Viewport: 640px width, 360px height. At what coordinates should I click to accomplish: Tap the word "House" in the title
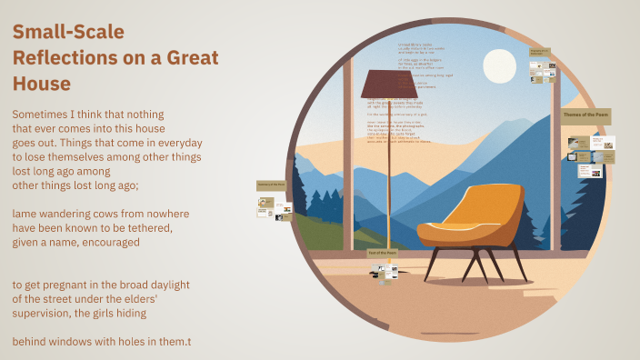tap(41, 84)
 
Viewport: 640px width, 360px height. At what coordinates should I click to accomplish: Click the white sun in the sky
tap(499, 66)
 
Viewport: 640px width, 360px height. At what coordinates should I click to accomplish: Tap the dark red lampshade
tap(388, 85)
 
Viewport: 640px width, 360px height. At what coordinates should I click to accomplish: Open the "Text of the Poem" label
tap(382, 252)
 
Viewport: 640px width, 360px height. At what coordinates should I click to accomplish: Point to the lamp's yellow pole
tap(389, 173)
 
